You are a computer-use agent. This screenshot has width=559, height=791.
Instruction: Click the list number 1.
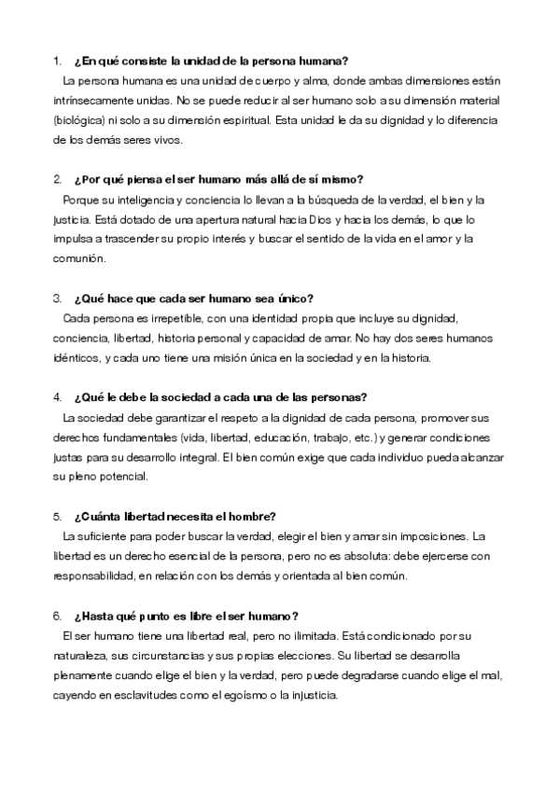click(x=57, y=62)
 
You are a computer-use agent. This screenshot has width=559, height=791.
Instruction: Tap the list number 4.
click(x=57, y=396)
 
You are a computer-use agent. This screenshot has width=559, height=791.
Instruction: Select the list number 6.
click(x=57, y=616)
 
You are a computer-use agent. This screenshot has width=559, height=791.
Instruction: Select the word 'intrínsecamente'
click(x=91, y=101)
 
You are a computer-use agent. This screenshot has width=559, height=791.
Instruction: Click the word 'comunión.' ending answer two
click(x=77, y=259)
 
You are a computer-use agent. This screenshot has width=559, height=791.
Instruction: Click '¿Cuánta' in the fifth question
click(x=94, y=517)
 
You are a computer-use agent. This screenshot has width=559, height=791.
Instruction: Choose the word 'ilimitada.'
click(x=302, y=636)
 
